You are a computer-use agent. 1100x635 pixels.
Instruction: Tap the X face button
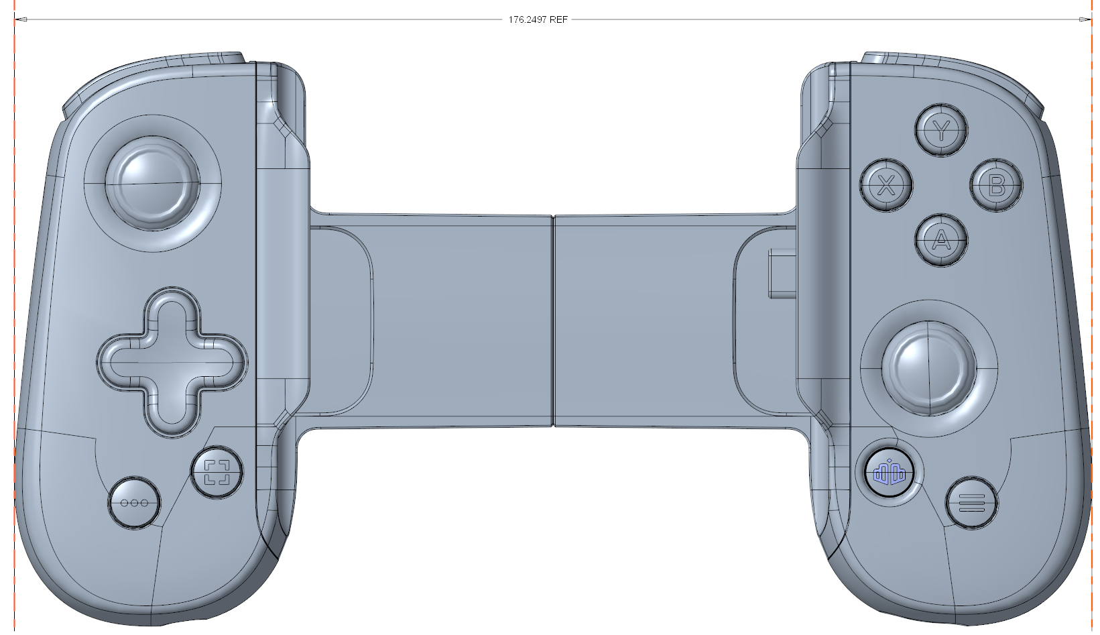pos(887,186)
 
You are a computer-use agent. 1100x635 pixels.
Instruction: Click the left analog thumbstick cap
pos(156,183)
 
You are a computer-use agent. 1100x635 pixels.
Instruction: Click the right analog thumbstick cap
pos(928,367)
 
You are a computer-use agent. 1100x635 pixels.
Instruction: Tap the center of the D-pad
pos(173,363)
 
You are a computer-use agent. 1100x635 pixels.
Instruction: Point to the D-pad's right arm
pos(218,363)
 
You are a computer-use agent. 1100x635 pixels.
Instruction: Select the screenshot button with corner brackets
pos(217,472)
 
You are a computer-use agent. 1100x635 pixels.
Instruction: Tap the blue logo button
pos(889,473)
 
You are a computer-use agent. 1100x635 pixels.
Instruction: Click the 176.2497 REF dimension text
pos(538,19)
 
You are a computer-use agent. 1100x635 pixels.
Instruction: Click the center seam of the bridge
pos(553,321)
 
